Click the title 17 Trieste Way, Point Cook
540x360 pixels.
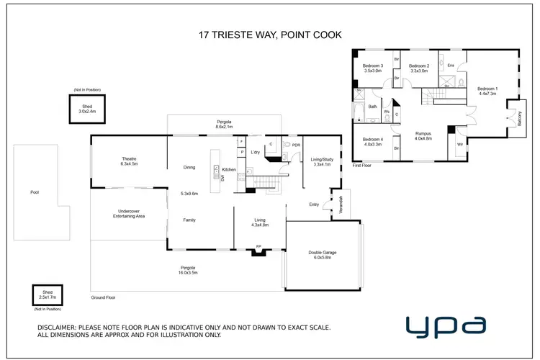270,33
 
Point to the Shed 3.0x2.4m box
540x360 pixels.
88,109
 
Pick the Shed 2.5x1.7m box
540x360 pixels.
48,295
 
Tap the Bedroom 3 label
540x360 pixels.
373,68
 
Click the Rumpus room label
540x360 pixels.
423,135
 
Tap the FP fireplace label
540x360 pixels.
258,248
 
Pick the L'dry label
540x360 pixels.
255,152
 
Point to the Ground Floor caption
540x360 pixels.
102,297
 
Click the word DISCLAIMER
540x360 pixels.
61,328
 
